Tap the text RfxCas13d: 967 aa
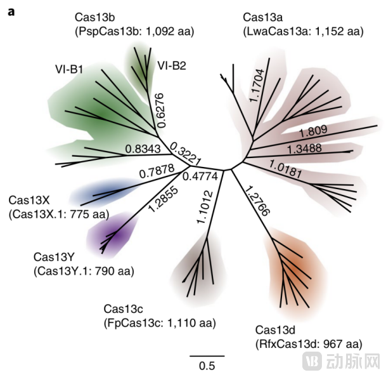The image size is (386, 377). [x=309, y=344]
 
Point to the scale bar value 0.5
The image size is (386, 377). [x=207, y=366]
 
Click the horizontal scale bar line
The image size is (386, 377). [x=207, y=355]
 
